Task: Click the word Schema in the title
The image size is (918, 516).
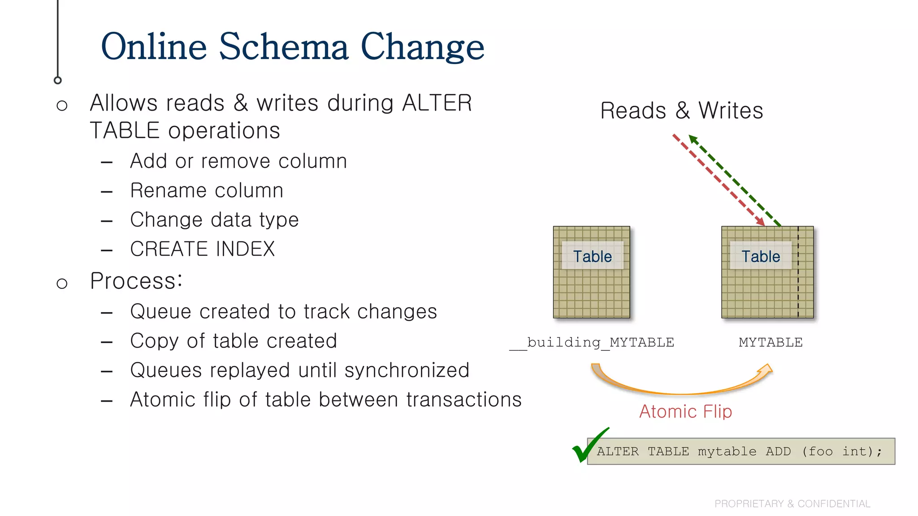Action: click(283, 47)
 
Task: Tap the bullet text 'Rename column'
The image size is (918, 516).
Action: click(207, 190)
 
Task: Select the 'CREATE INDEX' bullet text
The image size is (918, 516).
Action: click(202, 249)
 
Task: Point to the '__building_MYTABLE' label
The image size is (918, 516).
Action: click(592, 343)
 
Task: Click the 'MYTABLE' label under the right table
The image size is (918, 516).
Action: click(771, 343)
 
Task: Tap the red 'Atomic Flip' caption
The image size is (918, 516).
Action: click(685, 411)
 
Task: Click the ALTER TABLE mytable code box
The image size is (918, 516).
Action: click(740, 451)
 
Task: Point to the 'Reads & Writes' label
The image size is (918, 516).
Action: click(681, 111)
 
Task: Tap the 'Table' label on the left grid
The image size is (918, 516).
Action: click(592, 256)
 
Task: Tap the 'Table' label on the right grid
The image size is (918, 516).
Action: click(760, 256)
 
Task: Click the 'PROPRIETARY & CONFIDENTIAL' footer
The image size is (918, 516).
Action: click(792, 503)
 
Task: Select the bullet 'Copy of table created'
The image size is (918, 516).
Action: click(233, 341)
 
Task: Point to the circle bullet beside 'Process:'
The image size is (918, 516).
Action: click(62, 284)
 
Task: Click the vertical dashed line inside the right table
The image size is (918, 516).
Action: click(798, 287)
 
